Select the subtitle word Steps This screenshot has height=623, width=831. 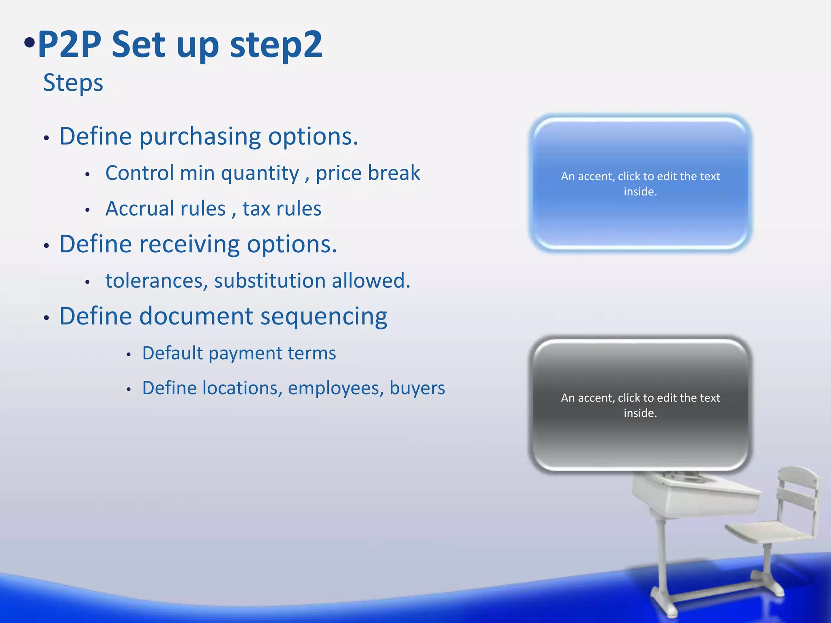click(73, 83)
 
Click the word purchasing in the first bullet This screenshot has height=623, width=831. click(200, 137)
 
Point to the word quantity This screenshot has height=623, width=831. click(260, 174)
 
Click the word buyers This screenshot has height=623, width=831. click(417, 388)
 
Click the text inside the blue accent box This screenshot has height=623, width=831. click(640, 184)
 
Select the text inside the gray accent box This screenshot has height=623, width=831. click(640, 405)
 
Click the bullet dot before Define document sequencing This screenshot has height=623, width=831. click(46, 318)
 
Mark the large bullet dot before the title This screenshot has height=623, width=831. click(29, 43)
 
